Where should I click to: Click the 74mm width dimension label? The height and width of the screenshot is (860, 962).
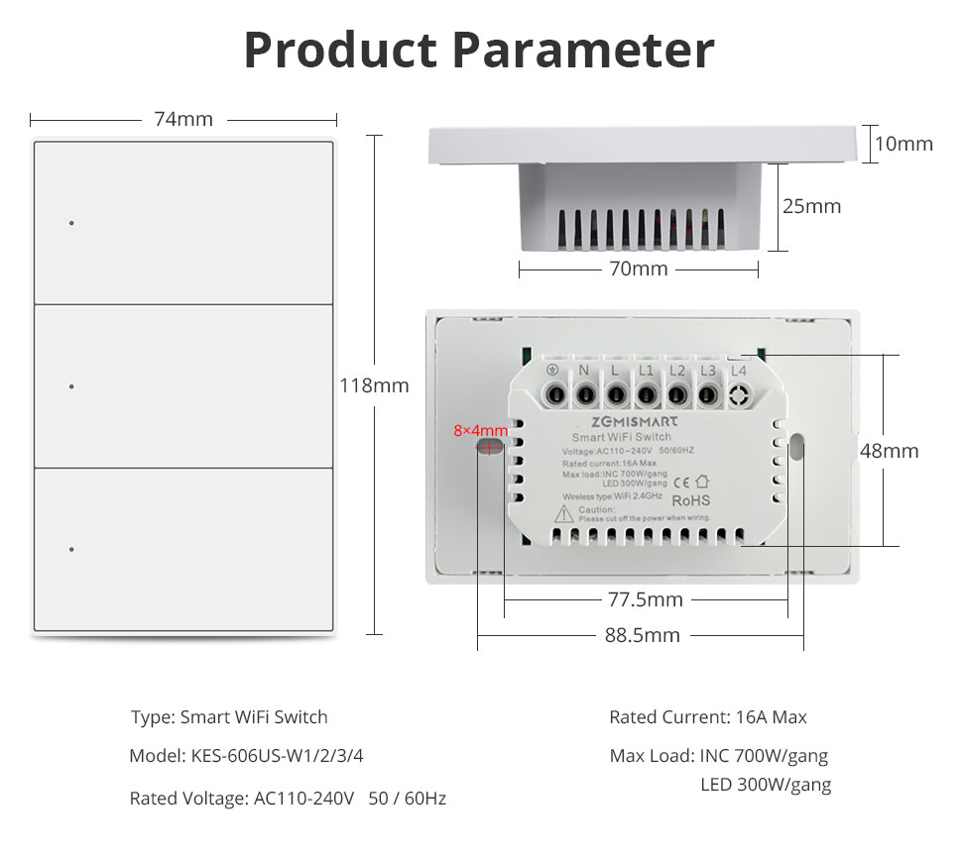[183, 119]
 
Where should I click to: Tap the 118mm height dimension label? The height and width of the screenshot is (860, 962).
[374, 385]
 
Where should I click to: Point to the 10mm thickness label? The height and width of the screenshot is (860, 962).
[903, 144]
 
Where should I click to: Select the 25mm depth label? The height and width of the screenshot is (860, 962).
[811, 206]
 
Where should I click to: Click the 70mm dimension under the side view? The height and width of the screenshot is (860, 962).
[638, 269]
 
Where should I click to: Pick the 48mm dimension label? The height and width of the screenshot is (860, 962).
[889, 451]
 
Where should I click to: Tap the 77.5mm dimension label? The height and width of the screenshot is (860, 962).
[646, 599]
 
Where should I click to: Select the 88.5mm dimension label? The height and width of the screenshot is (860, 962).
[643, 635]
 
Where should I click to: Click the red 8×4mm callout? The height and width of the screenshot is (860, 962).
[480, 430]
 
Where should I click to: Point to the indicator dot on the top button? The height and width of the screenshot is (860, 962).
[71, 223]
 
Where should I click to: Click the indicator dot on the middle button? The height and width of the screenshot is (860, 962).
[71, 386]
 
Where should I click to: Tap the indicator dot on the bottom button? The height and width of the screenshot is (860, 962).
[71, 549]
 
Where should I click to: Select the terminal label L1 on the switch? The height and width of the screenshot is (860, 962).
[646, 371]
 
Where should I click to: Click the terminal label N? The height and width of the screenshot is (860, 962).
[584, 371]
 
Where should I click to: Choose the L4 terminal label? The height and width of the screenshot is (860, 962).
[738, 371]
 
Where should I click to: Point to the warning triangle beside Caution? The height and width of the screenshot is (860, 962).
[564, 513]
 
